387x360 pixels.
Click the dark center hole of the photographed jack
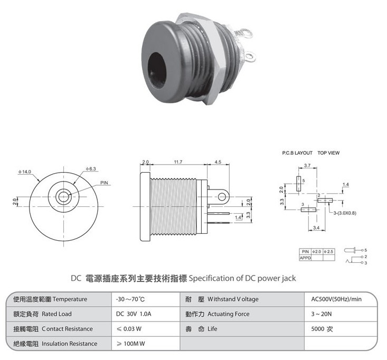tap(157, 70)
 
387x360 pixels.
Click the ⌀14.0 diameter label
tap(25, 172)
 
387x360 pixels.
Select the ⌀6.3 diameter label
tap(91, 169)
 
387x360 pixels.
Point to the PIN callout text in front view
tap(104, 183)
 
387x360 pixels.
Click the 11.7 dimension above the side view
tap(178, 162)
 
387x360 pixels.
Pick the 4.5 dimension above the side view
tap(218, 162)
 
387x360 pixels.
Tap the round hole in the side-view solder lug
tap(222, 197)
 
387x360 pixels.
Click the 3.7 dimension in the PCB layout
tap(307, 166)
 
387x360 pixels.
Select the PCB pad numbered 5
tap(299, 184)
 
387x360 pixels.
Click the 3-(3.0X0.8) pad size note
tap(345, 213)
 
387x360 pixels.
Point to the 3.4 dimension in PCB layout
tap(316, 228)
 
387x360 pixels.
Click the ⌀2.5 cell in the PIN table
tap(329, 252)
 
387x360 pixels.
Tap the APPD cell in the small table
tap(305, 258)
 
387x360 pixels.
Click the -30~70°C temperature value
tap(130, 299)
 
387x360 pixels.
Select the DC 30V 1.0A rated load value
tap(134, 314)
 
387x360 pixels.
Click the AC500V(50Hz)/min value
tap(336, 299)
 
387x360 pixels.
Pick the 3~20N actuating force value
tap(322, 314)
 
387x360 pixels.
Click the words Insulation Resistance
tap(69, 344)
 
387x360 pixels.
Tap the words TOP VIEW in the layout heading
tap(328, 153)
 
